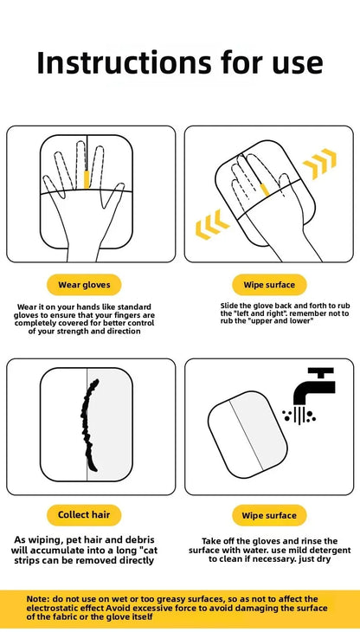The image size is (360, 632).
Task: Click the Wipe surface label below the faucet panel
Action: click(269, 515)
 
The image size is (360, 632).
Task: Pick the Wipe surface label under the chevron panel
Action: click(269, 284)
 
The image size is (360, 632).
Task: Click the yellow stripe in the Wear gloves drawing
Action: click(87, 178)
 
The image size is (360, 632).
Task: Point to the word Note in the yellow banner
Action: click(38, 598)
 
